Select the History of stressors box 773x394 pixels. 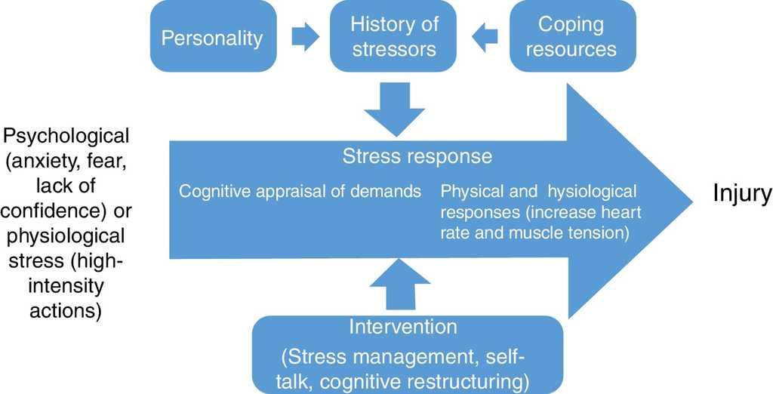[394, 36]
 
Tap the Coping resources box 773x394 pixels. [571, 36]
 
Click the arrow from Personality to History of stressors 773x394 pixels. [305, 37]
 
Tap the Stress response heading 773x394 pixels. [417, 156]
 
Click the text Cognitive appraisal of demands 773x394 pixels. [300, 191]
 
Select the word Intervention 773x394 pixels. [402, 327]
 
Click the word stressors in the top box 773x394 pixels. [394, 50]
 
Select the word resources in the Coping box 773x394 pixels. [571, 50]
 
